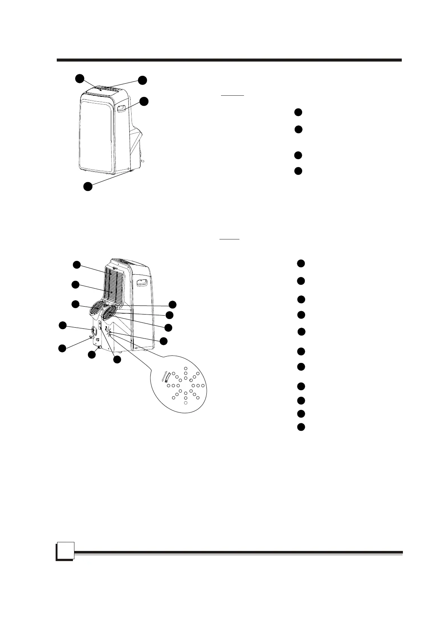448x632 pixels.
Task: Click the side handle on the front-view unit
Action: [121, 109]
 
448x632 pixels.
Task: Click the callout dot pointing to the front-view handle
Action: [144, 101]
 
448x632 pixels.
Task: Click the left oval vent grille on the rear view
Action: [97, 308]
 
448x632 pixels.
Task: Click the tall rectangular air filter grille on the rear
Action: [115, 286]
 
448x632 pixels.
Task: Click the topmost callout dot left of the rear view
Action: [77, 265]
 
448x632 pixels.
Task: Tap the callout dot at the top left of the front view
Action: [79, 78]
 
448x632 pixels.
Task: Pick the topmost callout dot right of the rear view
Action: [173, 304]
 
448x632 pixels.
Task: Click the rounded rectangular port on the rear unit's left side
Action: [94, 331]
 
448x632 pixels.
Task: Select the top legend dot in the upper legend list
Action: [298, 112]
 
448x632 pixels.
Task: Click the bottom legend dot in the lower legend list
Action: [301, 427]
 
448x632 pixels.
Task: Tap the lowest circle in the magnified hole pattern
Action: [186, 403]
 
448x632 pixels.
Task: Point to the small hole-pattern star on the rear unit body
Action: [109, 330]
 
